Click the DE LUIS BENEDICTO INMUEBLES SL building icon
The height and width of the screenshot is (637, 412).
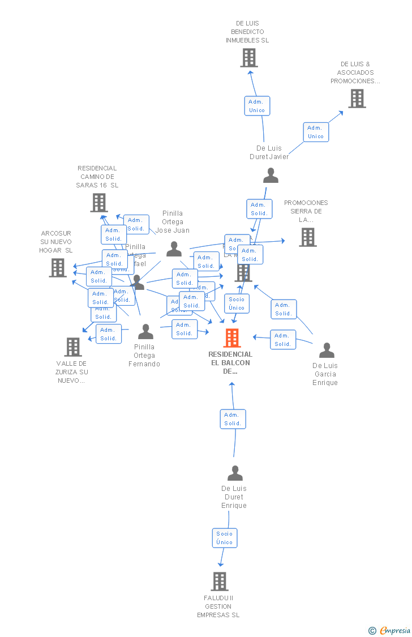(x=249, y=58)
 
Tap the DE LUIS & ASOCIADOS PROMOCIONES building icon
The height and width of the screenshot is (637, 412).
(x=357, y=99)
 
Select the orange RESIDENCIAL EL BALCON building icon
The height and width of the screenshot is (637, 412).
(x=232, y=338)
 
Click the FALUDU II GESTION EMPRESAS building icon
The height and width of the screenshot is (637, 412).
(x=220, y=582)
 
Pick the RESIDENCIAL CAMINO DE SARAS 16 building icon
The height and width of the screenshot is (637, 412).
(x=99, y=203)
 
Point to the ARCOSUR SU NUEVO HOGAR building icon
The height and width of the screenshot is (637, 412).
(x=58, y=268)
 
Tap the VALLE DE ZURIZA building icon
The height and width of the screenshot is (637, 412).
(x=73, y=347)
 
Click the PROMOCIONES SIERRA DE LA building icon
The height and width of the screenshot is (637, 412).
(x=308, y=237)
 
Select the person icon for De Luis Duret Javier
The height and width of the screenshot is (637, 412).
(x=271, y=176)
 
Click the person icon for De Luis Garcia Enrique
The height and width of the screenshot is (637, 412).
(x=327, y=350)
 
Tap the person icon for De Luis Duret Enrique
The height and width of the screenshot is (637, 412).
(x=235, y=473)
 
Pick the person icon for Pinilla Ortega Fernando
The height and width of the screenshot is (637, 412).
(x=145, y=332)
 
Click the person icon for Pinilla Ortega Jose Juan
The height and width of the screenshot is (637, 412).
(x=174, y=249)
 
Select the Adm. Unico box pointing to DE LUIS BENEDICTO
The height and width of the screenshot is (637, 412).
(x=257, y=106)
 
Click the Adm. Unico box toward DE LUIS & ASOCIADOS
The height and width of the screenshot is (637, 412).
(x=316, y=132)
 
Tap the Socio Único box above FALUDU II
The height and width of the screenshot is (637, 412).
(x=225, y=538)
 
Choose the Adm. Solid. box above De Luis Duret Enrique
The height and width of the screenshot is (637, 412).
(x=233, y=419)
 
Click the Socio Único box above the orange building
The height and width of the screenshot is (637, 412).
(x=237, y=303)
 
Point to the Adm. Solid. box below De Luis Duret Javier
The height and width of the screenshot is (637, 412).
(x=259, y=209)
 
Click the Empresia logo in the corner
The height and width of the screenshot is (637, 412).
(x=390, y=630)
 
